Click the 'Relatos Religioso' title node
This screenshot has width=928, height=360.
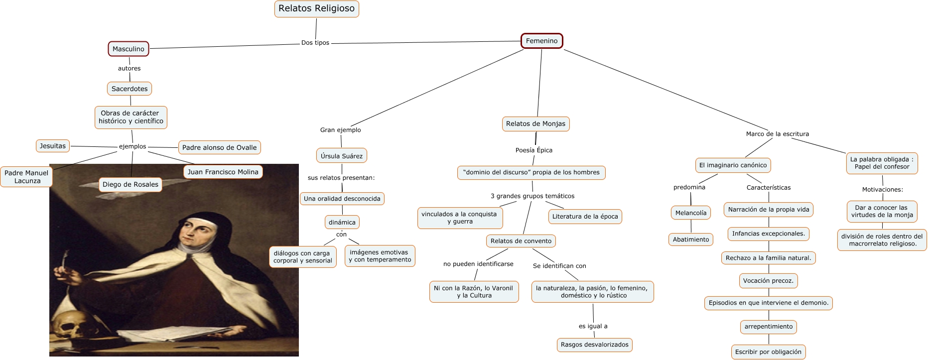(x=317, y=9)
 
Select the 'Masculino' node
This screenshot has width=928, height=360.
(x=129, y=49)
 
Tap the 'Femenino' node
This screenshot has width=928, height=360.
(x=542, y=41)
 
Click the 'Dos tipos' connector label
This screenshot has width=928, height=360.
(x=315, y=43)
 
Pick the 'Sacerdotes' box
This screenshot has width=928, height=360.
(x=130, y=89)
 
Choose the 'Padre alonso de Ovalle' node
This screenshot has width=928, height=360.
(x=220, y=147)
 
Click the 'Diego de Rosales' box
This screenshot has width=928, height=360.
(x=131, y=184)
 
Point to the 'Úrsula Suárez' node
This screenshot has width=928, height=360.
(x=342, y=156)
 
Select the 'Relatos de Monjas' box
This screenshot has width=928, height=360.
(x=536, y=123)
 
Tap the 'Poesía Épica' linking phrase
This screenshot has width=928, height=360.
(x=534, y=150)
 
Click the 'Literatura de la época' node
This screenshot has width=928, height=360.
(x=585, y=217)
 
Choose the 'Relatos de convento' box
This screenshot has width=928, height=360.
(x=521, y=241)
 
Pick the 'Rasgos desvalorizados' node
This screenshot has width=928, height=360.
(x=595, y=345)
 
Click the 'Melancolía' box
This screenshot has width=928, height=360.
(x=691, y=213)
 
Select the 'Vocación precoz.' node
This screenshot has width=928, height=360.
(x=768, y=281)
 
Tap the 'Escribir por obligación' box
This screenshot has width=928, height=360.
(x=769, y=352)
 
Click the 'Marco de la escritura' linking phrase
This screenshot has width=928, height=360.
(x=778, y=134)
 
